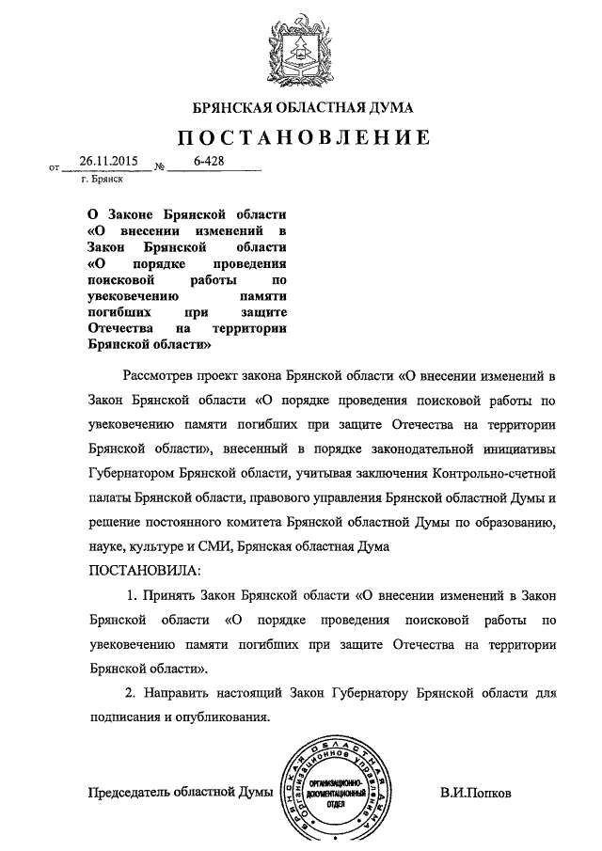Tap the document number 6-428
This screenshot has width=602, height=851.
coord(209,162)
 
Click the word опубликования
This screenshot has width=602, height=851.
coord(222,717)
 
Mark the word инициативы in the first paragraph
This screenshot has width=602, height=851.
coord(523,448)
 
